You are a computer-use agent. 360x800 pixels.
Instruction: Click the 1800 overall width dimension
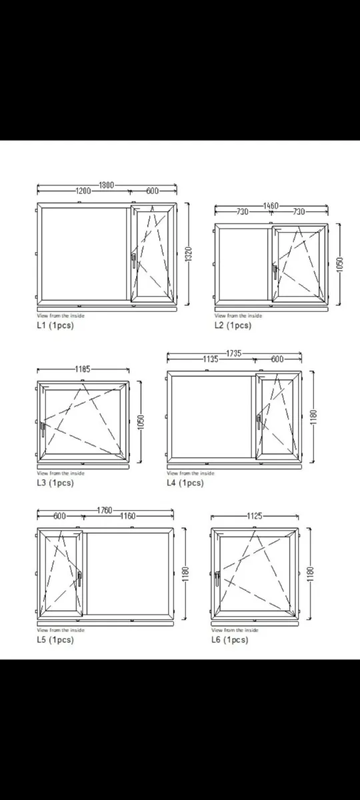click(107, 184)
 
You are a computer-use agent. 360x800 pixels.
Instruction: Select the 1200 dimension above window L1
click(83, 191)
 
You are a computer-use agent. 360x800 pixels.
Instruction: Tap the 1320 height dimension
click(189, 253)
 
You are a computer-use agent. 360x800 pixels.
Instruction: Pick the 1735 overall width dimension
click(234, 352)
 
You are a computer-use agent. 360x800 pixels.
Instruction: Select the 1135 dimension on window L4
click(211, 359)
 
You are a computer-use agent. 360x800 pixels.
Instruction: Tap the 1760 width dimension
click(105, 510)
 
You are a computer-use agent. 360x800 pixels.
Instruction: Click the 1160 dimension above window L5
click(128, 516)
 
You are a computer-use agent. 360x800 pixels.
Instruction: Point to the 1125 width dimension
click(255, 515)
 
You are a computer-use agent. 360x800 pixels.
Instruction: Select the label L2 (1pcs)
click(233, 325)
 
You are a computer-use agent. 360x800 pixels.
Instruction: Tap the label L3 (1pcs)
click(55, 483)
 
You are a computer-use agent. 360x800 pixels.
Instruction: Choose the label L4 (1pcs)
click(185, 483)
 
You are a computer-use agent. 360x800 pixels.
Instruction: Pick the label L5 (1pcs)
click(55, 639)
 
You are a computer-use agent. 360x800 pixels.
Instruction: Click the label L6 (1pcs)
click(229, 639)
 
